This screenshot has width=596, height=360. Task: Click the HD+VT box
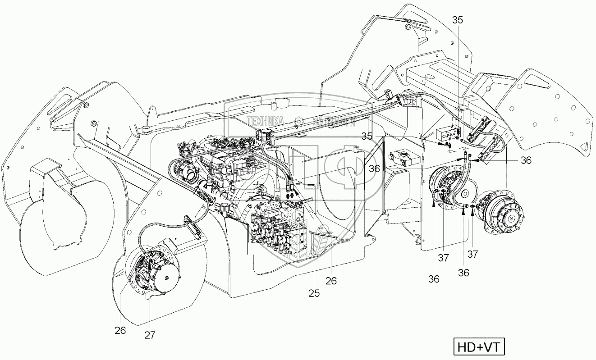click(x=478, y=347)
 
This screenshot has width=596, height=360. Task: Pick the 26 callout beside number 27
click(x=120, y=330)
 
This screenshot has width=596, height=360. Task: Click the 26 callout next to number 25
click(x=331, y=281)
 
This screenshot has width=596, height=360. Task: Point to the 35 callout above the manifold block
click(x=457, y=20)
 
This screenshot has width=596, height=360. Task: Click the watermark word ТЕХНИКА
click(x=265, y=121)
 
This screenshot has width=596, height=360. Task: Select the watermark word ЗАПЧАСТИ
click(x=332, y=121)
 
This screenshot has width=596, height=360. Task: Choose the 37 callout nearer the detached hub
click(x=472, y=254)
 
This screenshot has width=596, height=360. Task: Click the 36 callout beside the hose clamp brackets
click(x=526, y=160)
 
